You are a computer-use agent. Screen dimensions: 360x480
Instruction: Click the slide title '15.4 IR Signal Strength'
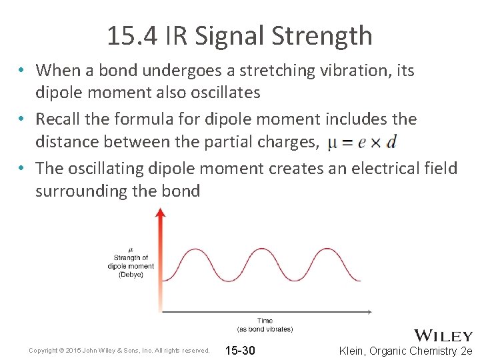coord(239,35)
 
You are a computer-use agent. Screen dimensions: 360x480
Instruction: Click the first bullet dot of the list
coord(22,71)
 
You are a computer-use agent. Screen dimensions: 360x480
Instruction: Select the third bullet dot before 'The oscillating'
coord(22,169)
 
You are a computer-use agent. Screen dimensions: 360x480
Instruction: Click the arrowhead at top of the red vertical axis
coord(159,212)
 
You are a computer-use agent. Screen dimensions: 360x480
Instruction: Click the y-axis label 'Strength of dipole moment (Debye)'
coord(131,263)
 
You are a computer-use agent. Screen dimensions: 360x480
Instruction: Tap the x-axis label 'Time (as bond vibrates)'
coord(265,325)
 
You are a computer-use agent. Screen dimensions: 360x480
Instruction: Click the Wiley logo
coord(443,335)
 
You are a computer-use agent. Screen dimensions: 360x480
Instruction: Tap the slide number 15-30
coord(240,351)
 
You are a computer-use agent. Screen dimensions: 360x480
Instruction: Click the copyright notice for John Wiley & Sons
coord(119,351)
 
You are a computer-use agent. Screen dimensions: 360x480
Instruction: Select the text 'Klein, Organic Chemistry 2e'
coord(405,351)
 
